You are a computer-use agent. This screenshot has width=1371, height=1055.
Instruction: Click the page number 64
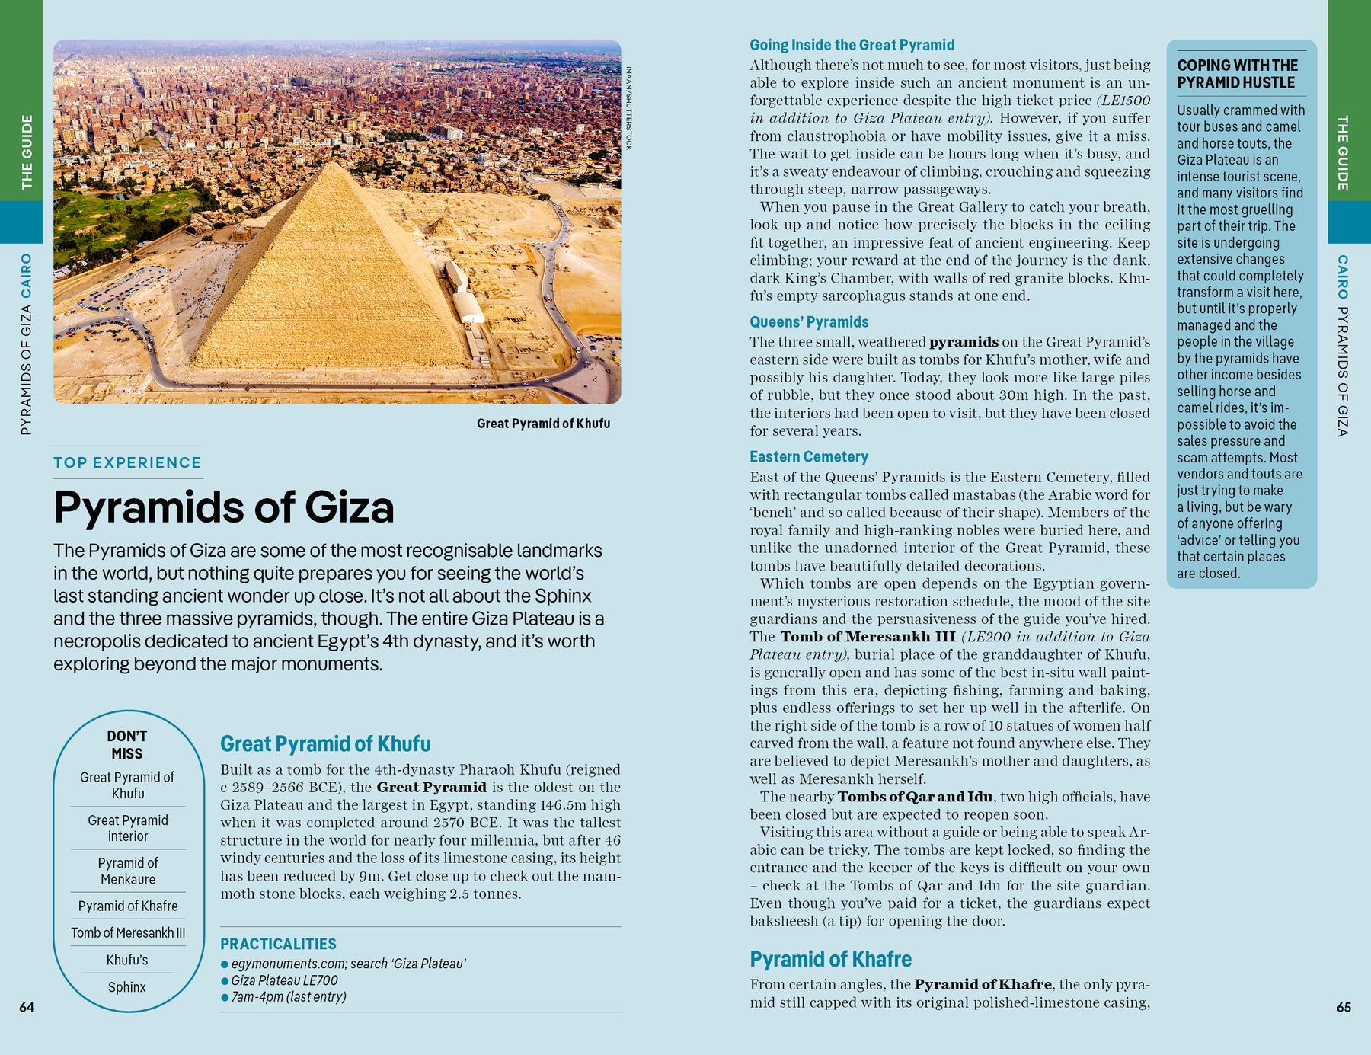pos(27,1007)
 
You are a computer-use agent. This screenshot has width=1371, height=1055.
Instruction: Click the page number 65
pos(1344,1007)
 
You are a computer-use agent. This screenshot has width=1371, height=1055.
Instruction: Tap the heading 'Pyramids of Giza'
pos(224,507)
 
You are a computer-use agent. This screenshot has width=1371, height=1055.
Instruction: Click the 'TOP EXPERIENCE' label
pos(127,462)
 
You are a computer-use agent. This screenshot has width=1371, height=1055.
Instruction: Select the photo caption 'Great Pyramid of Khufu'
pos(543,424)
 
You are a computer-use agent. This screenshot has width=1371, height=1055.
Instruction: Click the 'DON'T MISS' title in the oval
pos(127,744)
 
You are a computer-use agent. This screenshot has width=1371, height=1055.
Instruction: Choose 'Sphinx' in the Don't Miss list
pos(127,987)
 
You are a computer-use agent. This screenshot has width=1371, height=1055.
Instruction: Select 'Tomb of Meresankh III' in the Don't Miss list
pos(128,933)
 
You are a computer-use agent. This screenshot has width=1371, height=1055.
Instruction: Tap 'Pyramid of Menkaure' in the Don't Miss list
pos(128,871)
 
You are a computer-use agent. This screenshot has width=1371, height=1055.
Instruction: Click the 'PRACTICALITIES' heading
pos(278,944)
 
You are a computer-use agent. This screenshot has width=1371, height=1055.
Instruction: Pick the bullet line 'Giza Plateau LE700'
pos(284,980)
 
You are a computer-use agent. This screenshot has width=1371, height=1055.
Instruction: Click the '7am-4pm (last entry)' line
pos(289,997)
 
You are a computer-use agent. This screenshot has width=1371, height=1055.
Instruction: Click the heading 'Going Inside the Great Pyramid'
pos(852,45)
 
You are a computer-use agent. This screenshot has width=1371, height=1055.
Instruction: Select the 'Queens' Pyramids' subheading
pos(809,322)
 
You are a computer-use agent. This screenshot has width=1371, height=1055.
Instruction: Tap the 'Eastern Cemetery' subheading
pos(809,457)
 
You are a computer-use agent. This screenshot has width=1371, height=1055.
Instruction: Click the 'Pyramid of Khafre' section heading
pos(830,959)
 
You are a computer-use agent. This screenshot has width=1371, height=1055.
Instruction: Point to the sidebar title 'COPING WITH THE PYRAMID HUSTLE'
pos(1237,74)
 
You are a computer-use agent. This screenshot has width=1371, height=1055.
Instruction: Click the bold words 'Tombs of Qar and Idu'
pos(915,797)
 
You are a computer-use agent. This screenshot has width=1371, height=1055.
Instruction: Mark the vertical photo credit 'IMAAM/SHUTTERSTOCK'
pos(628,108)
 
